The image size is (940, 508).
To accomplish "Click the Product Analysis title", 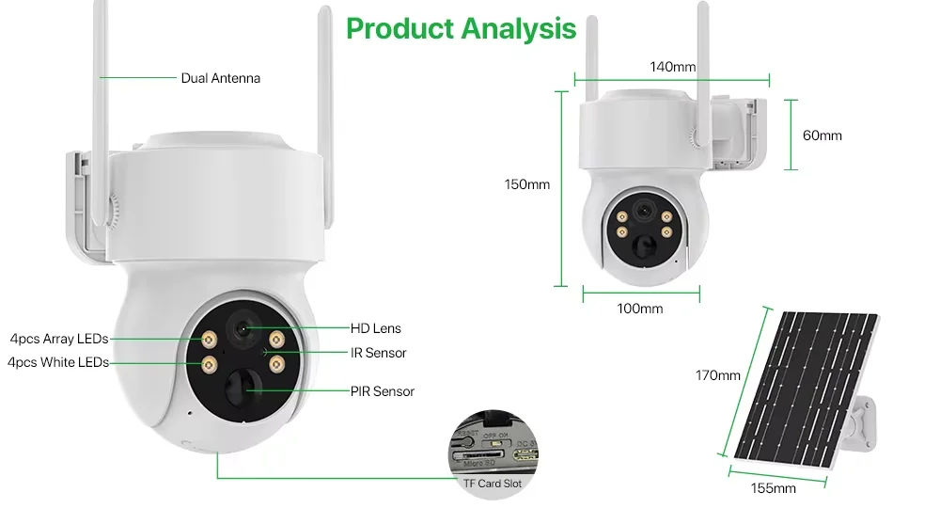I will click(x=461, y=28).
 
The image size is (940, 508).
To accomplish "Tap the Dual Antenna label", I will click(x=220, y=78).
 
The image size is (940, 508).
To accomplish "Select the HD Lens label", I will click(x=375, y=328).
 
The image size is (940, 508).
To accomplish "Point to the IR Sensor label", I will click(x=378, y=353).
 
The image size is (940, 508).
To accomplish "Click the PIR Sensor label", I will click(x=382, y=391).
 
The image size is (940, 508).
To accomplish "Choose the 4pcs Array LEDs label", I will click(x=58, y=339).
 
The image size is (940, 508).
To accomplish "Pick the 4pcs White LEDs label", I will click(x=57, y=362).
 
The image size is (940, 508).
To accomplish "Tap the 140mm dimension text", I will click(x=672, y=67).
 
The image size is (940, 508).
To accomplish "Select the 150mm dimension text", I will click(x=526, y=184).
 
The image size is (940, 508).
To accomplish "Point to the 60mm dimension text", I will click(x=822, y=135).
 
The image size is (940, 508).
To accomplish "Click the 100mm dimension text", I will click(x=639, y=309).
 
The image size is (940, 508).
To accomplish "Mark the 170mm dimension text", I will click(x=717, y=375).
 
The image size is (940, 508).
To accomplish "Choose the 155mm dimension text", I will click(x=773, y=488).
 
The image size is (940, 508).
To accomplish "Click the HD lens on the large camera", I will click(x=243, y=328).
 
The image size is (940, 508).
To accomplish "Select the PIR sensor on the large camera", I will click(x=242, y=387).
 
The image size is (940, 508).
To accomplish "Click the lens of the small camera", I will click(x=643, y=211).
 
